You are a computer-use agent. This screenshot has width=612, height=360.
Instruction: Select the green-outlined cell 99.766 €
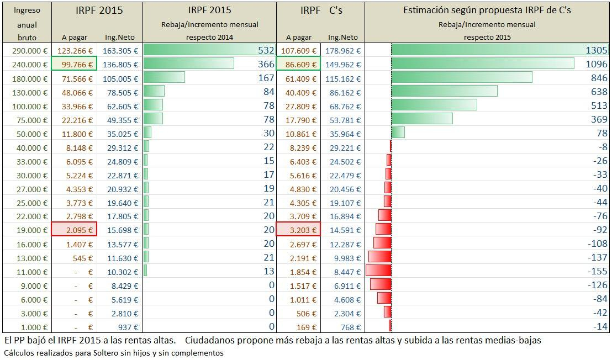click(74, 64)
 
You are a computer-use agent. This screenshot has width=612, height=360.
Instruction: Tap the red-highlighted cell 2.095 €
click(74, 230)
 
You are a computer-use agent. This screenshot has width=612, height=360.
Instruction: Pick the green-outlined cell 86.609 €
click(298, 64)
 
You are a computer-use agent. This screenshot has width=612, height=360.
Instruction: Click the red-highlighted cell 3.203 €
click(298, 230)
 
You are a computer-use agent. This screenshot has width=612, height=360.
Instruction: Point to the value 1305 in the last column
click(596, 50)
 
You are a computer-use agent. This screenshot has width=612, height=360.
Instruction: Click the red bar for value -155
click(378, 271)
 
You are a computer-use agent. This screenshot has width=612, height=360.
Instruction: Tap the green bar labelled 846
click(461, 78)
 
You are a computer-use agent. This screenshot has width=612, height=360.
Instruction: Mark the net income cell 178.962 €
click(342, 50)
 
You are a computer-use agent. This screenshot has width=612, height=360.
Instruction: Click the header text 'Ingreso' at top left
click(27, 10)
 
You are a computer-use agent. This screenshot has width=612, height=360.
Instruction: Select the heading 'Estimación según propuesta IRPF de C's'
click(487, 10)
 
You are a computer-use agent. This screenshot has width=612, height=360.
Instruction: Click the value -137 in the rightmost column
click(598, 257)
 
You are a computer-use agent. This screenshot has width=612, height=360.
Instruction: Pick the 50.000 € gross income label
click(29, 133)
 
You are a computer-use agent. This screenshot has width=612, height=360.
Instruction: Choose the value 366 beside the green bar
click(266, 64)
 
